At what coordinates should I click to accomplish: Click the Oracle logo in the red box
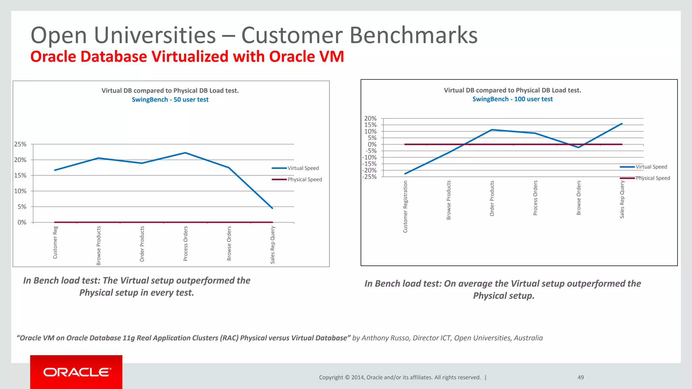click(x=77, y=372)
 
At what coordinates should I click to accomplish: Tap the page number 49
click(x=580, y=378)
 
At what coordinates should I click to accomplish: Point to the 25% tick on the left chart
click(x=20, y=144)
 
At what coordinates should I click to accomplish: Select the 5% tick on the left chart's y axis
click(x=22, y=207)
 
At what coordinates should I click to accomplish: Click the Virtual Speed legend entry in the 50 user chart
click(x=303, y=168)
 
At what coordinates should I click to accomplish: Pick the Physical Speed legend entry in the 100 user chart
click(x=652, y=178)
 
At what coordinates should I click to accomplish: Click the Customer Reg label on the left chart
click(x=55, y=242)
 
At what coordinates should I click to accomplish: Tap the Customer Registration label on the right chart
click(x=405, y=207)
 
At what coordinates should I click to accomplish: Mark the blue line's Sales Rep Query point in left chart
click(x=272, y=208)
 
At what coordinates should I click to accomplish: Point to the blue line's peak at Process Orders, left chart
click(x=185, y=153)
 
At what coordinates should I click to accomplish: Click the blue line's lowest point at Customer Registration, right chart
click(x=405, y=174)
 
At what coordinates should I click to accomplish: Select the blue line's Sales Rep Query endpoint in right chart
click(x=622, y=124)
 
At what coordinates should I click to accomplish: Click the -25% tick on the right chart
click(x=370, y=177)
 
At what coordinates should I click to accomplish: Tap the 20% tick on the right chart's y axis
click(x=370, y=119)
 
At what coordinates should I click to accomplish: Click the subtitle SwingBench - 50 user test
click(x=170, y=100)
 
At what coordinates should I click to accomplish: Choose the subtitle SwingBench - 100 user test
click(x=512, y=99)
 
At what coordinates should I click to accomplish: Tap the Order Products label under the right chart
click(x=492, y=199)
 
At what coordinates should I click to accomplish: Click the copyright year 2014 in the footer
click(x=357, y=378)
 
